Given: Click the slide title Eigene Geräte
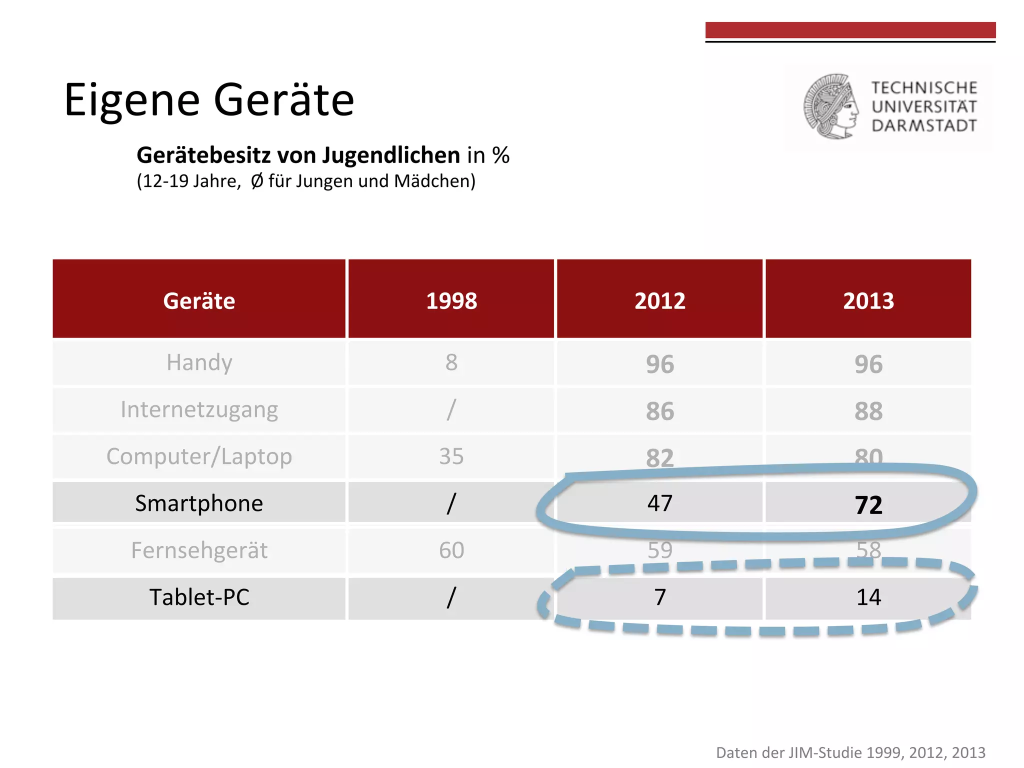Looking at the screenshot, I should coord(209,100).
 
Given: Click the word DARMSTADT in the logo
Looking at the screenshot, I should coord(924,125).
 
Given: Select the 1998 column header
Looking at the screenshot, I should coord(451,300).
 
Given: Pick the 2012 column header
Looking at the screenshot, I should coord(659,300).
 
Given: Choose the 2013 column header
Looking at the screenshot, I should coord(868,300).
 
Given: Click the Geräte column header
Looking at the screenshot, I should coord(199,300).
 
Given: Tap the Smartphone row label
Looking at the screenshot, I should coord(199,503).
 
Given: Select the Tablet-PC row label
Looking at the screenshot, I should coord(199,597).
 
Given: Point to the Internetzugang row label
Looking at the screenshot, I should coord(199,409).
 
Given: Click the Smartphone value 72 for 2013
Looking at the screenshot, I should coord(868,504).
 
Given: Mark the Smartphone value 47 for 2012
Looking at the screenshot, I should coord(659,503).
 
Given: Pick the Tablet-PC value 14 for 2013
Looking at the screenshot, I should coord(868,597).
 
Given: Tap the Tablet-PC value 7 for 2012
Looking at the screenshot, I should coord(659,597).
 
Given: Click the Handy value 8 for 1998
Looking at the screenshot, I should coord(451,362).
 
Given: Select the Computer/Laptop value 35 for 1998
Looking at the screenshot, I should coord(451,456).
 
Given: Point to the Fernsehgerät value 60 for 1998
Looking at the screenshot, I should coord(451,550).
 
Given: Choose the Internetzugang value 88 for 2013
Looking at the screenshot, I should coord(868,411).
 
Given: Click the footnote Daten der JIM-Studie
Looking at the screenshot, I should coord(850,752).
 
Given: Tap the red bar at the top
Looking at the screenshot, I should coord(850,30).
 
